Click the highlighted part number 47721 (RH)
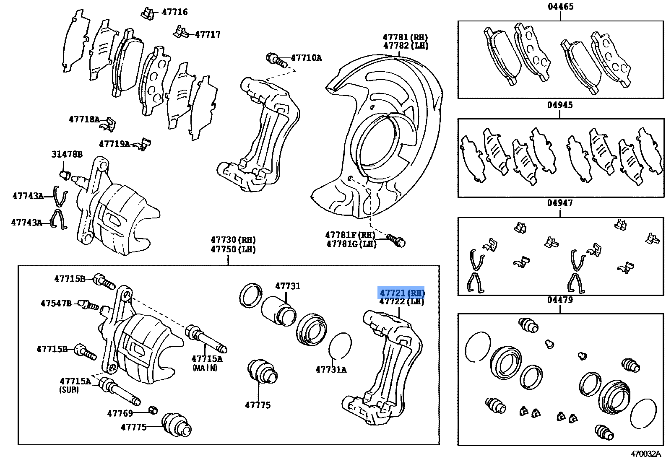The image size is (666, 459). pyautogui.click(x=402, y=293)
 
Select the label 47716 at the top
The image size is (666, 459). pyautogui.click(x=174, y=12)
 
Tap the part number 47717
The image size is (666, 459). pyautogui.click(x=208, y=34)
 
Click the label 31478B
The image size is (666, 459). pyautogui.click(x=67, y=154)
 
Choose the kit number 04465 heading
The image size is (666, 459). pyautogui.click(x=560, y=7)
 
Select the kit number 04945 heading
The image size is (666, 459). pyautogui.click(x=560, y=105)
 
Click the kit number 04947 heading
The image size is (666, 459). pyautogui.click(x=560, y=203)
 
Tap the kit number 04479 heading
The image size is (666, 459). pyautogui.click(x=560, y=300)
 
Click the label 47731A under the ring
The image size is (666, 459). pyautogui.click(x=331, y=369)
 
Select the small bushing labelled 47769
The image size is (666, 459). pyautogui.click(x=153, y=410)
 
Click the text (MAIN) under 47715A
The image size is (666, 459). pyautogui.click(x=205, y=368)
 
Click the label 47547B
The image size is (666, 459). pyautogui.click(x=56, y=303)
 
